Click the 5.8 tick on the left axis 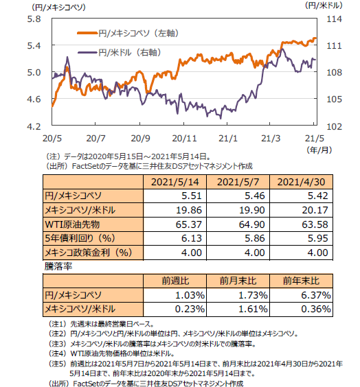click(x=34, y=19)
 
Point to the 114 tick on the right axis click(x=334, y=19)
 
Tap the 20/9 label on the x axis click(x=140, y=138)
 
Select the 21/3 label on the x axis click(x=271, y=138)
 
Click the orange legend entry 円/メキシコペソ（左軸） click(x=128, y=33)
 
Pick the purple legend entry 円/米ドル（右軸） click(x=120, y=52)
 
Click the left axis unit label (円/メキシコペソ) click(x=58, y=8)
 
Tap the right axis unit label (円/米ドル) click(x=324, y=5)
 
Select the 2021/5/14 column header click(x=175, y=182)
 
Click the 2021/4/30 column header click(x=301, y=182)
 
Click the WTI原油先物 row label click(x=72, y=224)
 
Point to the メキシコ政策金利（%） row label click(x=88, y=253)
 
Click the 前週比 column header click(x=175, y=281)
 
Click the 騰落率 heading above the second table click(x=58, y=266)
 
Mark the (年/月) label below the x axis click(x=319, y=150)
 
